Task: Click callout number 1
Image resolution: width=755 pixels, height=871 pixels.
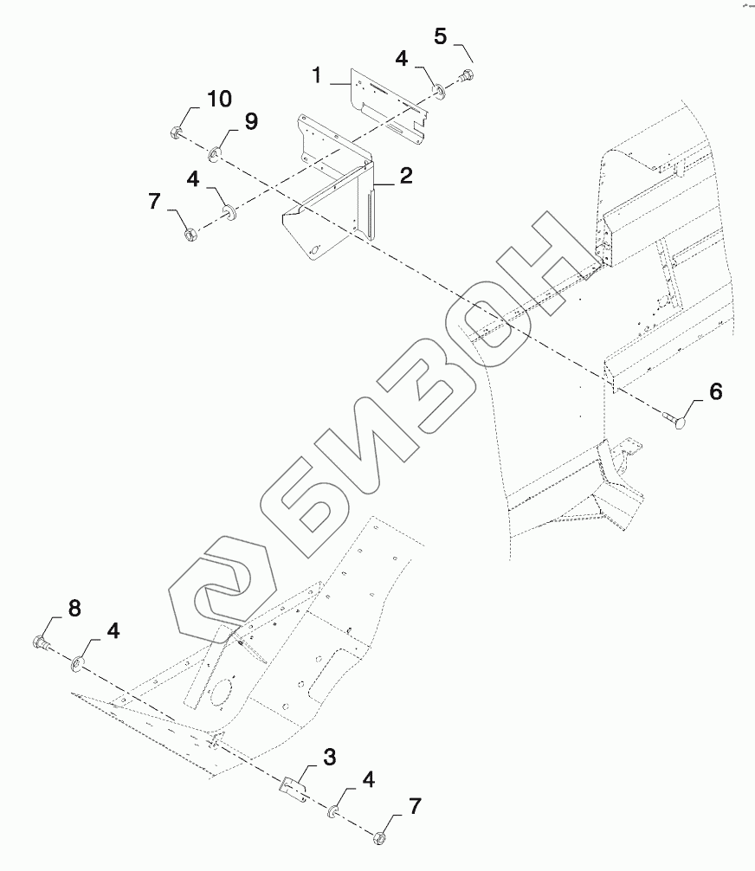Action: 318,75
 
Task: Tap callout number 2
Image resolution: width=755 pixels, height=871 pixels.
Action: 405,176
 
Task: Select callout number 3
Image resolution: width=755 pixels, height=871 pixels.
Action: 329,758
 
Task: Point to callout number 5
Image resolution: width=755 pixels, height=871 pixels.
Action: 441,36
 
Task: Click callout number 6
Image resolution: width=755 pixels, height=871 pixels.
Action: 715,391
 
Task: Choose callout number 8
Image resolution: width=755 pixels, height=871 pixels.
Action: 74,608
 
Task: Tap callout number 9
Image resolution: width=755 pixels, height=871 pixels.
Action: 250,121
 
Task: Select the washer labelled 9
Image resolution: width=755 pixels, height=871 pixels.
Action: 215,155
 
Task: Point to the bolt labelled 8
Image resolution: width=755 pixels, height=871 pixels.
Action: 40,642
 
